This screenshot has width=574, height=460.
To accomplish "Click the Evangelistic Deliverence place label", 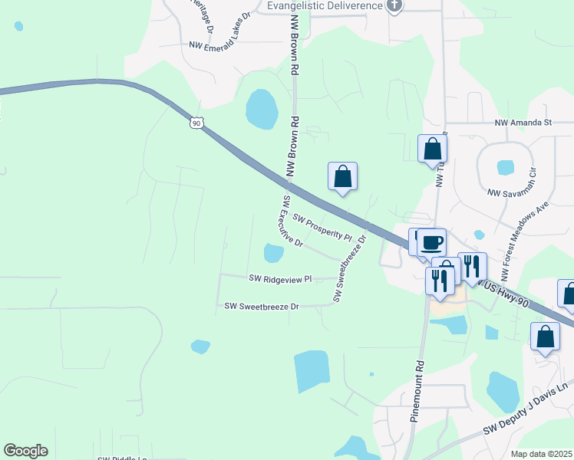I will (325, 6).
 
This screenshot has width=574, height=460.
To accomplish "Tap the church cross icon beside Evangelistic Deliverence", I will (394, 6).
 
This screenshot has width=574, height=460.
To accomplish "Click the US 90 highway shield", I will (197, 123).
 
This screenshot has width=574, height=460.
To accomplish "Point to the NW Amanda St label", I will (523, 123).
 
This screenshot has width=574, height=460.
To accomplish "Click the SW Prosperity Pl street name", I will (322, 227).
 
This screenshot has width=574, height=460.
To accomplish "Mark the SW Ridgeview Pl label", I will (280, 280).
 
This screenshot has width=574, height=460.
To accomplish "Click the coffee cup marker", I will (430, 242).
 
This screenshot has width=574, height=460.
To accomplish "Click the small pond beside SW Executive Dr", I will (273, 252).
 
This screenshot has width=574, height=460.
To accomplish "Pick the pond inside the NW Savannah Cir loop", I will (505, 166).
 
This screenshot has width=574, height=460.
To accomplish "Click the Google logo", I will (26, 451).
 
